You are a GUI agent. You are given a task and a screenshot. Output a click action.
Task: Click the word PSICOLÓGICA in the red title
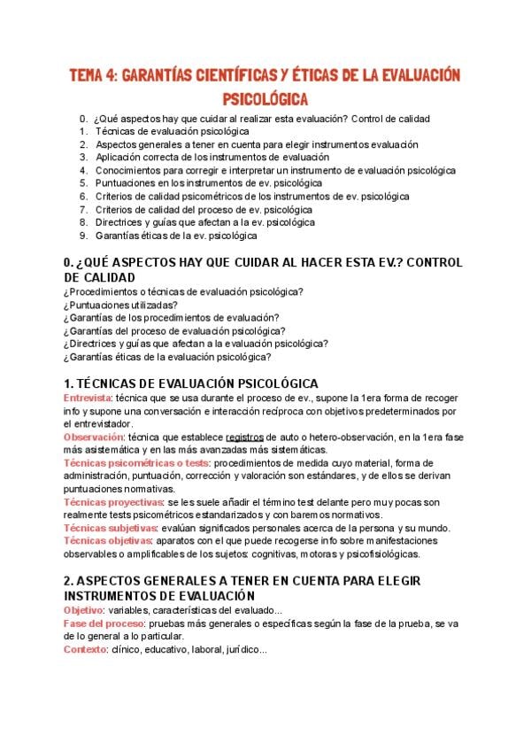tap(265, 95)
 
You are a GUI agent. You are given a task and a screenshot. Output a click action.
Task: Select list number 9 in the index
tap(82, 236)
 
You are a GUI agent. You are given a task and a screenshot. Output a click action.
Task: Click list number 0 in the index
tap(82, 118)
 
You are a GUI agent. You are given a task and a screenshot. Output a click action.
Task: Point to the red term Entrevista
tap(88, 399)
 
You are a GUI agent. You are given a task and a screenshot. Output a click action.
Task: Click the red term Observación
tap(93, 437)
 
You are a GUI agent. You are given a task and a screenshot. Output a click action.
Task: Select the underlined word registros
tap(245, 437)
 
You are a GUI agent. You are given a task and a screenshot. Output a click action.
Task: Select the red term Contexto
tap(84, 650)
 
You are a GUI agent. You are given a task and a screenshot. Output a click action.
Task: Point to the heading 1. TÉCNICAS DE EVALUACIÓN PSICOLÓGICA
tap(191, 383)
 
